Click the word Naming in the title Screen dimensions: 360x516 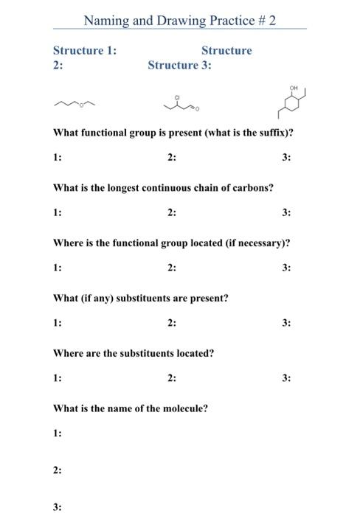pyautogui.click(x=103, y=21)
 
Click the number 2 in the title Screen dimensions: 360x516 pyautogui.click(x=271, y=21)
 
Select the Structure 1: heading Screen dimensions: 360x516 pyautogui.click(x=84, y=50)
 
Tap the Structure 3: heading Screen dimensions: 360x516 pyautogui.click(x=179, y=65)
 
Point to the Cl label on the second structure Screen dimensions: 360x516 pyautogui.click(x=177, y=97)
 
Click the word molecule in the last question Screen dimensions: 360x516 pyautogui.click(x=186, y=408)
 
